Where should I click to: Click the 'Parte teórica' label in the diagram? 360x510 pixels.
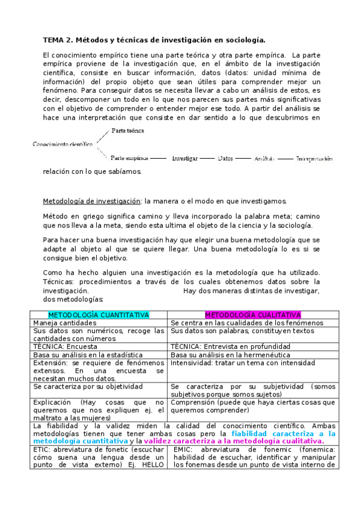tap(128, 131)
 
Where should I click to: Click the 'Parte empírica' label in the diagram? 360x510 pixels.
tap(129, 158)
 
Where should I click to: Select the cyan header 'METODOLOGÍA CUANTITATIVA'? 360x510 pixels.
tap(99, 315)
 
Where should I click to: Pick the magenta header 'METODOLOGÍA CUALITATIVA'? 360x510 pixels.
tap(253, 315)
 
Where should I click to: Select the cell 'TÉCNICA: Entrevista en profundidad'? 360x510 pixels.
tap(230, 346)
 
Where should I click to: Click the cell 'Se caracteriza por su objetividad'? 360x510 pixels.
tap(88, 387)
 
